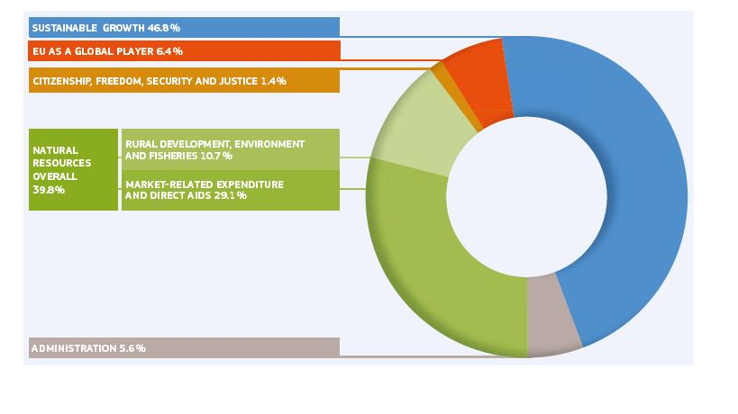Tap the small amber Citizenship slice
440,72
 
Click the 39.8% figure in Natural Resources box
48,190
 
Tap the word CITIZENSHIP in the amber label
64,81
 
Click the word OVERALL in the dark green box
53,176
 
